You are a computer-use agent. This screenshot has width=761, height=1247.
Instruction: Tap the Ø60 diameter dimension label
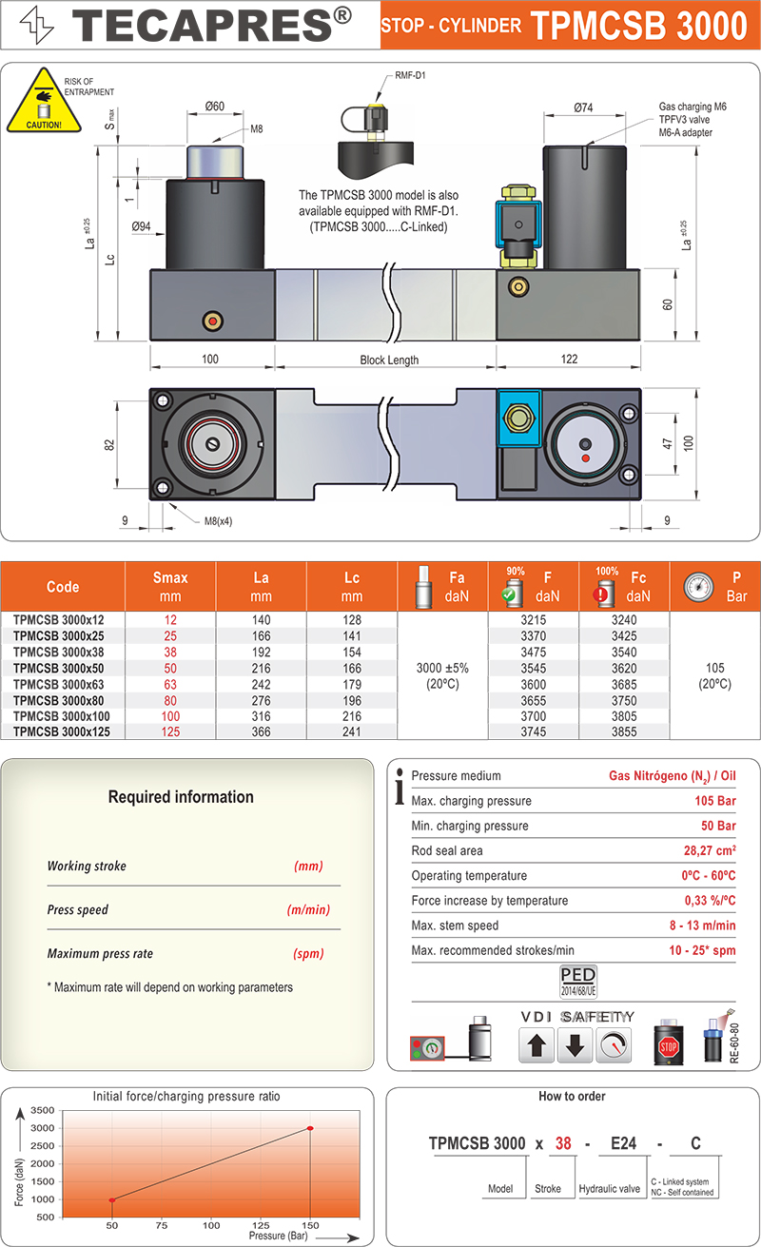click(214, 107)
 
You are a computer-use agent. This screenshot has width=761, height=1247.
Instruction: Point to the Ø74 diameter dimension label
click(583, 108)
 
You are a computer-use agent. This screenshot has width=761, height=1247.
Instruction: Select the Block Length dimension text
click(389, 360)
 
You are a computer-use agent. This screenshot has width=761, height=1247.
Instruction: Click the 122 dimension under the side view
click(568, 360)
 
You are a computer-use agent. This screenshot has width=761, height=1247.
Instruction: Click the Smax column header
click(170, 586)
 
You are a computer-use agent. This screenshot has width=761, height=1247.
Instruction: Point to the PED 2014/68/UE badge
click(578, 980)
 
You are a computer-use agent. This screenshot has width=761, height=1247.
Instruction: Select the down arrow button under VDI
click(575, 1046)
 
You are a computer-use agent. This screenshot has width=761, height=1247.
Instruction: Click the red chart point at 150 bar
click(310, 1128)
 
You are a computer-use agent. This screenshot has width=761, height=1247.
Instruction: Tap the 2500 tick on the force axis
click(43, 1146)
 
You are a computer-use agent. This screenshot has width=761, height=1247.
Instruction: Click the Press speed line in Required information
click(78, 910)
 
